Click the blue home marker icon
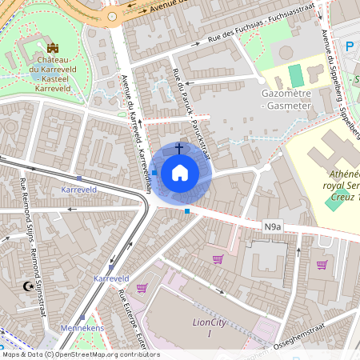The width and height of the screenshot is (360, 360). tap(179, 173)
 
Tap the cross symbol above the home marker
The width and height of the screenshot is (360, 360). tap(179, 148)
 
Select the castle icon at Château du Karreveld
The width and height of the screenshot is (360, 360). tap(54, 49)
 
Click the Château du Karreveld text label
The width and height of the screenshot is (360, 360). tap(52, 69)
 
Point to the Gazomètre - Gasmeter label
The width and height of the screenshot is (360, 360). tap(286, 98)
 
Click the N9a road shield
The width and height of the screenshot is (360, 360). tap(273, 228)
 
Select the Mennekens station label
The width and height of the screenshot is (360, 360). tap(83, 327)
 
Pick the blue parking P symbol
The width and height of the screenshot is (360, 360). tap(349, 47)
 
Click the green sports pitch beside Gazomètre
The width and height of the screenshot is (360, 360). tap(296, 77)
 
